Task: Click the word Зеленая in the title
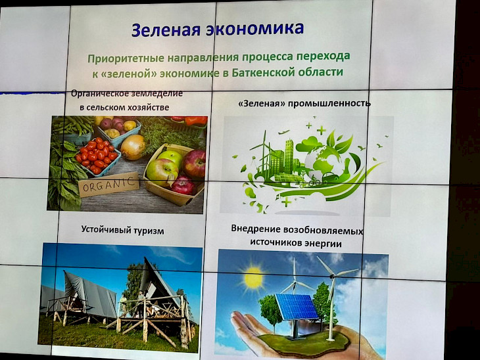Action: pos(166,30)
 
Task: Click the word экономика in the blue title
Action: pos(255,28)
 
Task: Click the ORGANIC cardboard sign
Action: pos(108,184)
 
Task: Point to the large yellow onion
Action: pos(133,147)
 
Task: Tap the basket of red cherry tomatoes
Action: pos(97,156)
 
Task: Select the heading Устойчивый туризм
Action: pos(122,230)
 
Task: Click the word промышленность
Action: pos(329,103)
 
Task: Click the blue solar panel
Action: pos(297,307)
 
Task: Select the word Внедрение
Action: pos(256,229)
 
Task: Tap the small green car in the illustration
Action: pos(330,177)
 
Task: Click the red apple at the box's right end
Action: pos(195,164)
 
